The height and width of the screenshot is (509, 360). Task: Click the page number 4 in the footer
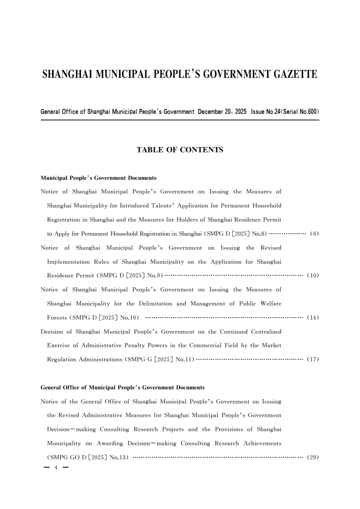(x=56, y=468)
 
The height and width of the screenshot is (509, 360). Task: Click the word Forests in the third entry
(x=57, y=318)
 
